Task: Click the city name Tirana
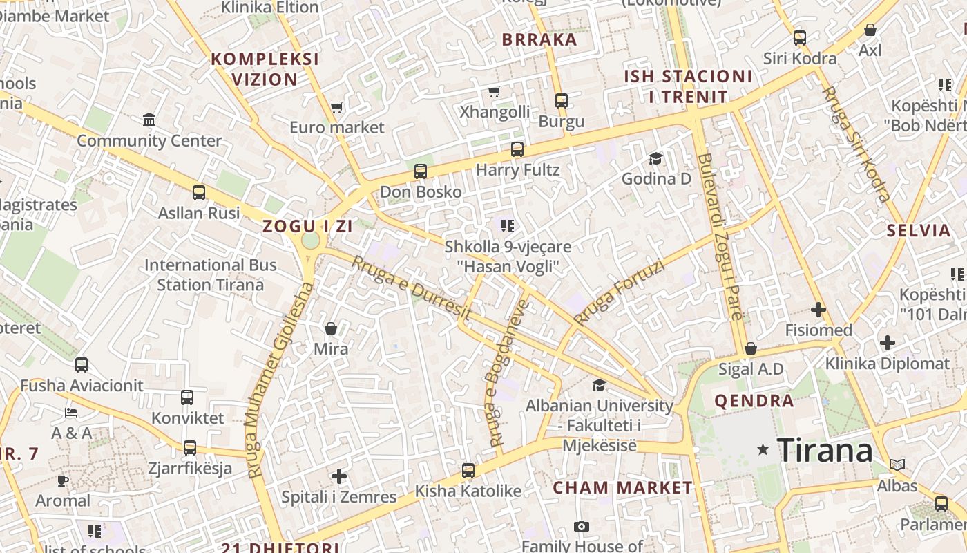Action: (x=825, y=450)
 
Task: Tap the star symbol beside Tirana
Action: (x=763, y=450)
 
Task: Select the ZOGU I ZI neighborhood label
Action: (x=307, y=226)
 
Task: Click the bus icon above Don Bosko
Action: (x=421, y=171)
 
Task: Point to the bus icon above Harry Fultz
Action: (x=517, y=149)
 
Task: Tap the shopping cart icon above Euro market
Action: (x=336, y=107)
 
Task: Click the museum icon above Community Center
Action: (x=149, y=120)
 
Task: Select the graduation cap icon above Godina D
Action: (x=655, y=159)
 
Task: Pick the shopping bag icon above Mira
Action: (x=331, y=328)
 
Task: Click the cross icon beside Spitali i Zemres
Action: (x=339, y=476)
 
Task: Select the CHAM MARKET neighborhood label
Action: (x=622, y=487)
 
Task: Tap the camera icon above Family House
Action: (x=582, y=527)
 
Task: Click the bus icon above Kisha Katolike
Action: (x=468, y=471)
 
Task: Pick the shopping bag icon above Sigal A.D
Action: (x=751, y=348)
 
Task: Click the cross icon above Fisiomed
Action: (x=818, y=310)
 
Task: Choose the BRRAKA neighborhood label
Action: (x=539, y=39)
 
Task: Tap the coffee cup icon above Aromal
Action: (x=63, y=480)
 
